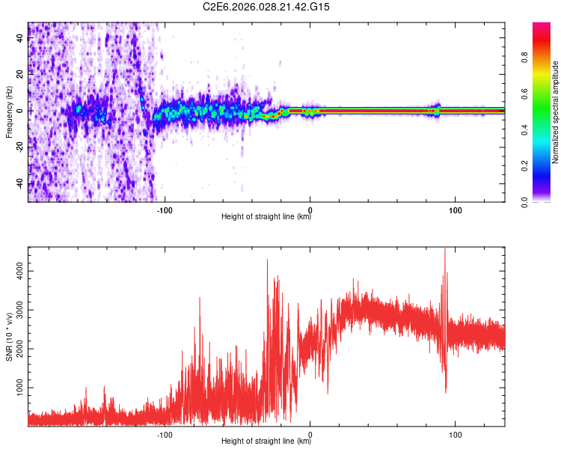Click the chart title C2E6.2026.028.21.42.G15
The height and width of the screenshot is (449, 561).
266,7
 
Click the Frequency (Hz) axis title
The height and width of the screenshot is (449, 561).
9,112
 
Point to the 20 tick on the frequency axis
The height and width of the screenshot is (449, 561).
21,74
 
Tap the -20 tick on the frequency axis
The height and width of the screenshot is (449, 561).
19,147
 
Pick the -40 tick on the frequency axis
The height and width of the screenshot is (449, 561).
19,184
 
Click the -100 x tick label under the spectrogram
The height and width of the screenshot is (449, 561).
165,210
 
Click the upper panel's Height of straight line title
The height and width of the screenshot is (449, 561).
266,218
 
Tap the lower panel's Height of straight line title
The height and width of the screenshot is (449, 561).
266,442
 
